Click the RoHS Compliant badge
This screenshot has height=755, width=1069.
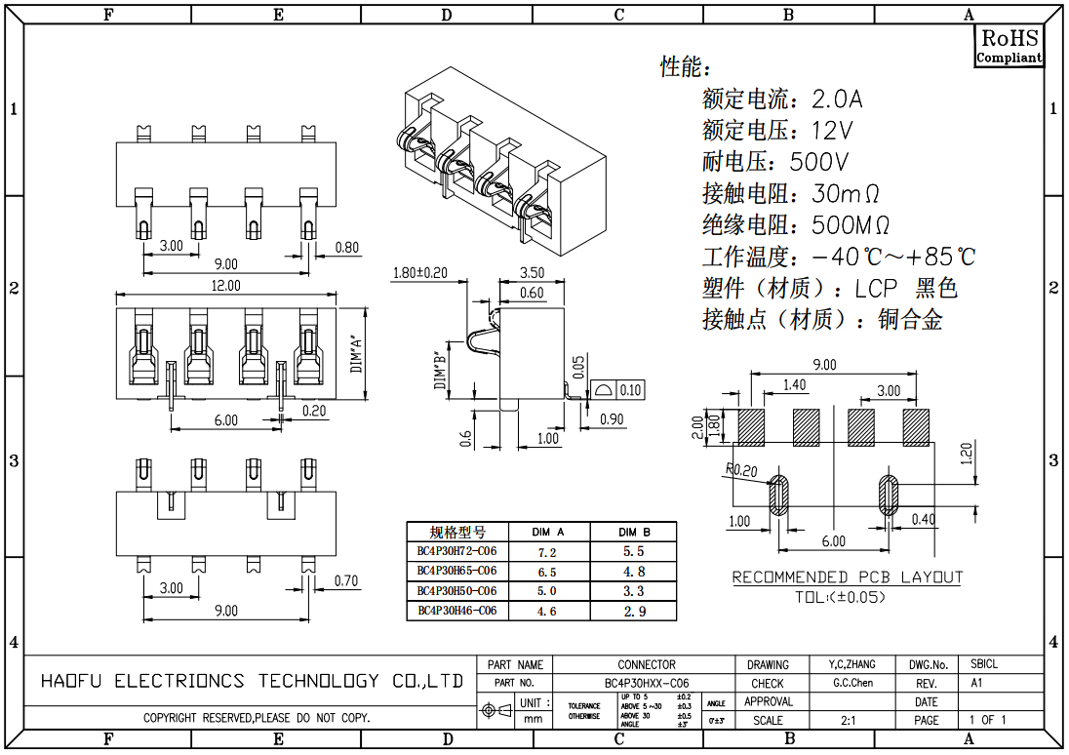pos(1010,46)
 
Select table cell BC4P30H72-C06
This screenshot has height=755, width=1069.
pos(456,551)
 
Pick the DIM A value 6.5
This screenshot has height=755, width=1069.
pos(547,572)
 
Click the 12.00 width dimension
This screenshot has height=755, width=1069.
pos(225,286)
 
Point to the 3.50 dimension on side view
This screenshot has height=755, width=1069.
pos(533,273)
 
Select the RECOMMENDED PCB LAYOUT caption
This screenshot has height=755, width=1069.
pos(847,577)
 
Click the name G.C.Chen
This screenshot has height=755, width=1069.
pos(852,683)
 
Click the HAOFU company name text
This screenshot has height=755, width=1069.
pos(252,681)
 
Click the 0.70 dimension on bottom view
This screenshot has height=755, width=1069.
pos(345,581)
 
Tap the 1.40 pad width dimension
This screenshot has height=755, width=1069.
pos(795,385)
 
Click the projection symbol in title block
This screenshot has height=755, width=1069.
pos(496,711)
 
